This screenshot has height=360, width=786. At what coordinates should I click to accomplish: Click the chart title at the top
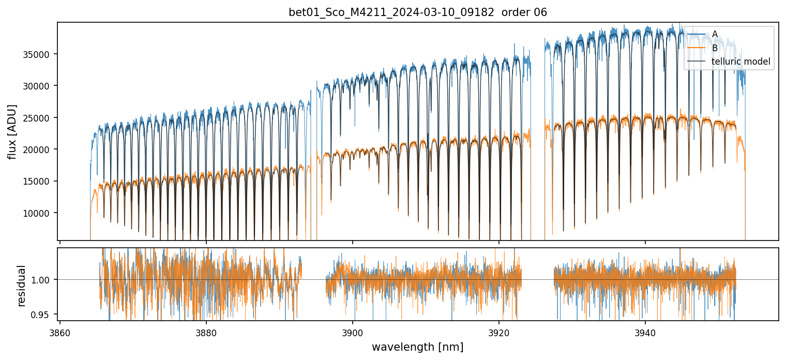417,12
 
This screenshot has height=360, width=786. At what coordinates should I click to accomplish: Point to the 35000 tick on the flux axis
40,54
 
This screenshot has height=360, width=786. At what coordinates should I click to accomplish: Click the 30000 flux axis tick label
40,86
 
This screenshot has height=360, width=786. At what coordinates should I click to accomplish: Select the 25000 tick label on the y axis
40,118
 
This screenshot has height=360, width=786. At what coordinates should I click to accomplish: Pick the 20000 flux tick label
40,149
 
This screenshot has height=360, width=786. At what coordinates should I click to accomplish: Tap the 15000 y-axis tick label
40,182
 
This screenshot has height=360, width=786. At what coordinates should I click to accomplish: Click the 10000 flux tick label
40,213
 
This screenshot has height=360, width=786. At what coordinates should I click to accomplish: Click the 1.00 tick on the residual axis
43,280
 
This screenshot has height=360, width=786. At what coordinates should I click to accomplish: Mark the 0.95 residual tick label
43,314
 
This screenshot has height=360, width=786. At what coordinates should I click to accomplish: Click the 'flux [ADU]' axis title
12,131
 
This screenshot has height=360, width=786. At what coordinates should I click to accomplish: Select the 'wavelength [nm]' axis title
417,347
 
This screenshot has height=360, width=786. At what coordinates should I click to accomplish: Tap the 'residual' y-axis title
22,286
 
